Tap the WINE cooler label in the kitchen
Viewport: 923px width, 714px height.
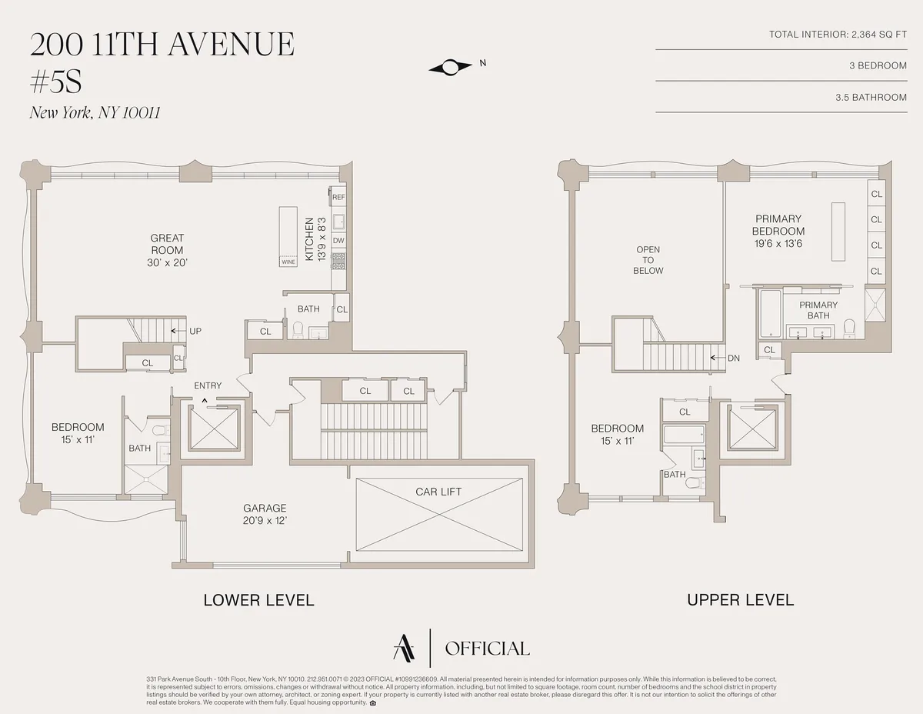coord(288,262)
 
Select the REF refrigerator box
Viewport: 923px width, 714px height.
coord(338,197)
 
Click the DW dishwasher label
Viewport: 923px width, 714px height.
coord(338,241)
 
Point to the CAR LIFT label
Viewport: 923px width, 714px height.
coord(438,492)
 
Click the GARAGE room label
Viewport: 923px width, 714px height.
coord(265,508)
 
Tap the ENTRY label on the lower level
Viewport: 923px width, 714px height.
coord(208,385)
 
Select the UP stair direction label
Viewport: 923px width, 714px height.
coord(195,331)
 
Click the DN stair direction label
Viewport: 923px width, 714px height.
coord(733,358)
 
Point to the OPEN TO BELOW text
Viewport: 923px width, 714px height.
coord(648,260)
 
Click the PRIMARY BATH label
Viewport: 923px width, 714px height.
coord(818,310)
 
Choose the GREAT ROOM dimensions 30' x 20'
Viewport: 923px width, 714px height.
coord(167,262)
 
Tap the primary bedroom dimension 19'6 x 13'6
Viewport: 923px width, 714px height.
coord(778,244)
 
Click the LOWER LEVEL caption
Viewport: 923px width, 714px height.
coord(258,600)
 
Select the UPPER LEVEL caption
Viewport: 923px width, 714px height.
coord(740,600)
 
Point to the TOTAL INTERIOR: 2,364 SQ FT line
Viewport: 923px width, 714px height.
coord(838,35)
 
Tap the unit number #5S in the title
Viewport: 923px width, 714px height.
coord(55,81)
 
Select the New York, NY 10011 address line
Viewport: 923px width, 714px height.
coord(95,113)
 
